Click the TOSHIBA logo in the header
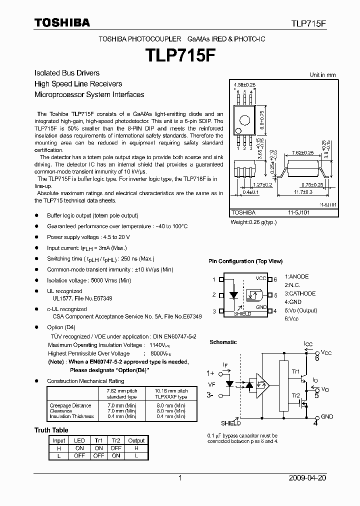62,22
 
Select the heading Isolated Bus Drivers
67,73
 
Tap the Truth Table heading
51,430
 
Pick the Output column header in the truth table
136,440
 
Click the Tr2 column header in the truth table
116,440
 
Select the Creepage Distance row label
70,405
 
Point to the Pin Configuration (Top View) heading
245,261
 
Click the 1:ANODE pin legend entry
297,276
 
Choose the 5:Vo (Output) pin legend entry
301,310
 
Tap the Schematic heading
223,342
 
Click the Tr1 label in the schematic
295,372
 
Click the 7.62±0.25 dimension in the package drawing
302,152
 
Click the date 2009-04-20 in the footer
307,478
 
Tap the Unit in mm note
322,75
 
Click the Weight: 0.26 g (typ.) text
253,222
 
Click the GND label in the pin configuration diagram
261,306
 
